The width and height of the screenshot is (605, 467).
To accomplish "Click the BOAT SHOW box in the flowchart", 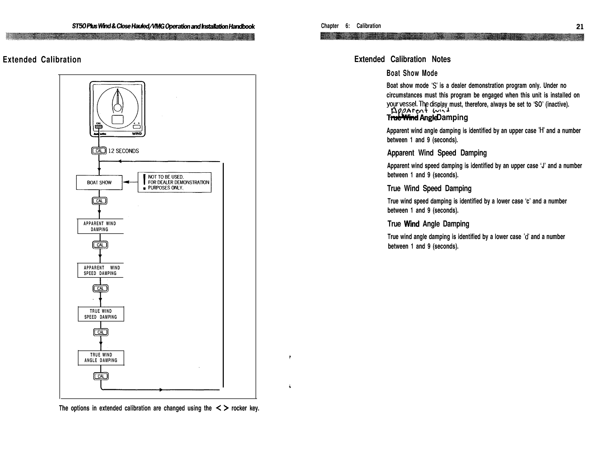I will (x=99, y=183).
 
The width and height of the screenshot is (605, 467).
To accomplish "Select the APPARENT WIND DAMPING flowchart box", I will (x=100, y=226).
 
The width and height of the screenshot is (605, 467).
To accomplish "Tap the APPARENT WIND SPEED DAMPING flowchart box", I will (x=100, y=270).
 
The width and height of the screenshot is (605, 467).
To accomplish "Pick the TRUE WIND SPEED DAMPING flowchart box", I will (x=101, y=314).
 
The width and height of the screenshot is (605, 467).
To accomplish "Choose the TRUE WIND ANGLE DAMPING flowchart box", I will (x=101, y=358).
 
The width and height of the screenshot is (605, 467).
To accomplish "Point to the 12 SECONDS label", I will (x=123, y=151).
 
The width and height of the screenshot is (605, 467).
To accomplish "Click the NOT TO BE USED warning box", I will (x=175, y=183).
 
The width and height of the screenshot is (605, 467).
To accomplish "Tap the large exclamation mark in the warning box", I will (x=145, y=182).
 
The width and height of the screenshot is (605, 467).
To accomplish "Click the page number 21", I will (x=580, y=27).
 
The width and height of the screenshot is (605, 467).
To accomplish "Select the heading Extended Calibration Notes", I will (x=402, y=59).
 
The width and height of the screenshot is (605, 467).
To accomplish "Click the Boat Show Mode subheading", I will (x=412, y=73).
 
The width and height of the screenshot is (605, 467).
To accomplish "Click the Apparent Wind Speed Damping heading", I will (x=437, y=153).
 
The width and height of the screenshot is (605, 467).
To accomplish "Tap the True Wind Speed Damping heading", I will (x=429, y=188).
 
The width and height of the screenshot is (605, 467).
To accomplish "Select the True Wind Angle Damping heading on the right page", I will (x=428, y=224).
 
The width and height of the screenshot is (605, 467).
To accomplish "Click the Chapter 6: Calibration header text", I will (x=351, y=26).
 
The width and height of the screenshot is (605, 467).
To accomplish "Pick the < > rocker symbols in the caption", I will (x=221, y=408).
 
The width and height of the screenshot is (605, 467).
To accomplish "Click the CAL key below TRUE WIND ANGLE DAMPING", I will (x=101, y=376).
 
